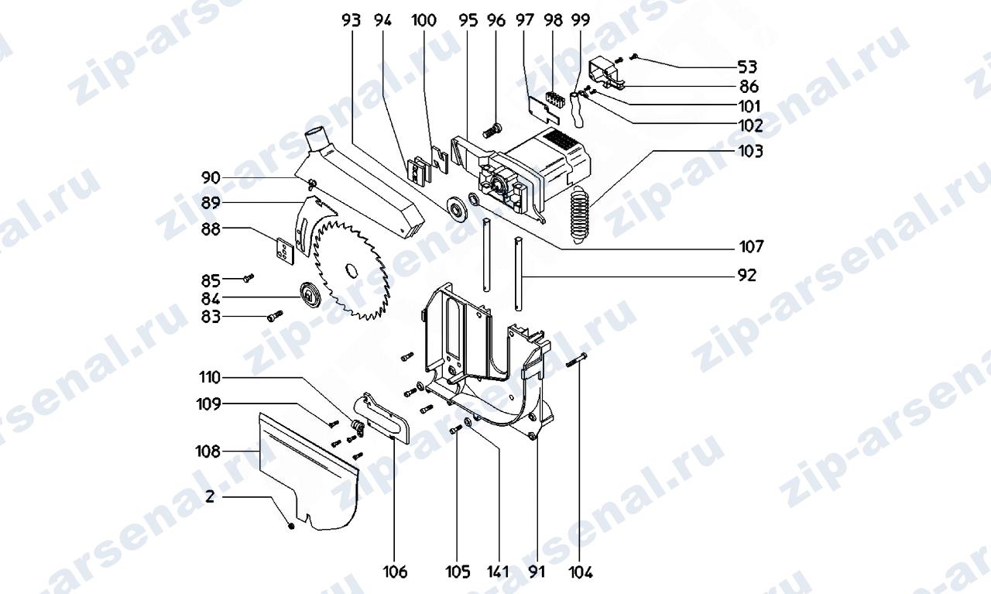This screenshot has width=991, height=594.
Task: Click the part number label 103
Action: point(751,151)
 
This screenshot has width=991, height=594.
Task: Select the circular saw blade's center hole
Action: point(351,270)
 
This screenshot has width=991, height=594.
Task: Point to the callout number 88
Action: point(211,230)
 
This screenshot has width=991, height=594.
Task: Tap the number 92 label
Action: point(747,276)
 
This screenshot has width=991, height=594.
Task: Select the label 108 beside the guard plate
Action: point(207,452)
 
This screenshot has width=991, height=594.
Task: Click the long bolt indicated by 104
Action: point(577,359)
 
